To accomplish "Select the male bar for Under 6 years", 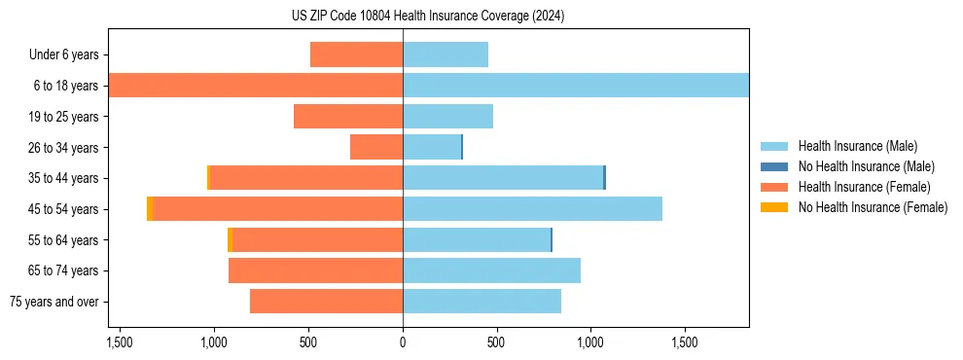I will (445, 54).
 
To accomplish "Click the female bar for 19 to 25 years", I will (348, 117).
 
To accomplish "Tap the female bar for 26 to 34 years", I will (376, 147).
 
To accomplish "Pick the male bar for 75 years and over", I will (481, 302).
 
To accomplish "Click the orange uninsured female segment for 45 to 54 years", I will (150, 209).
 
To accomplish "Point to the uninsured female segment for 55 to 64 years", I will (230, 240).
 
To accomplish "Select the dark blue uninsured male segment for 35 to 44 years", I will (604, 178).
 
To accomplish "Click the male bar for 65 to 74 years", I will (491, 270).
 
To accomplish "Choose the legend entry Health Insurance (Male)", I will (857, 146).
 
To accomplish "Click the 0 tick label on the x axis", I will (403, 343).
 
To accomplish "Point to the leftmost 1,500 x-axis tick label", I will (120, 343).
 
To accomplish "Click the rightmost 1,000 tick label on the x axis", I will (590, 343).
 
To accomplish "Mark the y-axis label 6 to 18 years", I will (64, 86).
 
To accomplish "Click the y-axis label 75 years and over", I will (53, 302).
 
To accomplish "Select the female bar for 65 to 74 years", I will (315, 270).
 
